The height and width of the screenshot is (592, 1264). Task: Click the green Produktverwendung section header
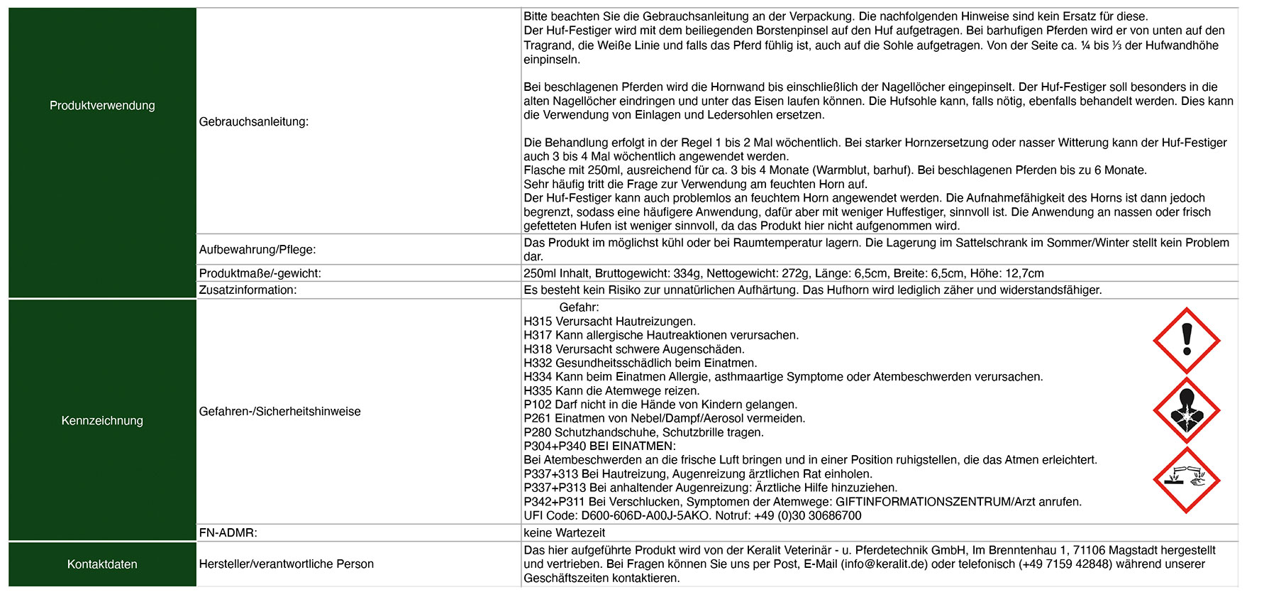click(102, 106)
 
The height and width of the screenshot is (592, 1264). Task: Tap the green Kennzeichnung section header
click(102, 421)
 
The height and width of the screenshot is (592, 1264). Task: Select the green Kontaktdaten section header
click(102, 564)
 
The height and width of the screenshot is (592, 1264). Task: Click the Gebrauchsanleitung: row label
click(253, 122)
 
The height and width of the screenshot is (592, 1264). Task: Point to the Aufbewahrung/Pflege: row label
click(257, 250)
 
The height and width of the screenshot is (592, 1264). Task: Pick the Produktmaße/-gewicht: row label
click(260, 273)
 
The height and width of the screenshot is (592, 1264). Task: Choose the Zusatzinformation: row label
click(248, 290)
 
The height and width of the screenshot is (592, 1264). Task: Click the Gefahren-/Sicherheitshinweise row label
click(279, 412)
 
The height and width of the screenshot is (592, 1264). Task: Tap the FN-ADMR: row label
click(228, 533)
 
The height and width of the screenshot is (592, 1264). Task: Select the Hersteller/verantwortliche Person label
click(286, 564)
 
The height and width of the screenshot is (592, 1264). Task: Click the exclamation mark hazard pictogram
click(1186, 341)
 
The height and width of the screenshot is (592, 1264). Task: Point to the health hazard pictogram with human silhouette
click(1186, 410)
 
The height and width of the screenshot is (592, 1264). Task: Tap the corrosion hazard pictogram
click(1186, 480)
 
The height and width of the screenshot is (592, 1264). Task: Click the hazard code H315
click(538, 322)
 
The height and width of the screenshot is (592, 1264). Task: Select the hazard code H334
click(538, 377)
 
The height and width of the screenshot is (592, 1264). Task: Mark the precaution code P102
click(538, 405)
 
